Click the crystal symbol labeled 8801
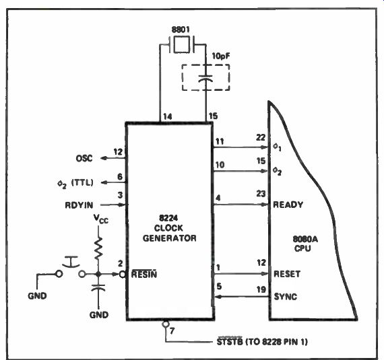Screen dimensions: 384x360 pos(181,44)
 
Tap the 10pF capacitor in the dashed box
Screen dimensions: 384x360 pos(205,78)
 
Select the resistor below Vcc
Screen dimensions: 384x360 pos(98,248)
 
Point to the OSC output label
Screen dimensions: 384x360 pos(84,159)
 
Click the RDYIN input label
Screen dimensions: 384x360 pos(79,205)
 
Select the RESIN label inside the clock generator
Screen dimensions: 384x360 pos(144,274)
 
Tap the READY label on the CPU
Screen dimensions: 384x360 pos(288,205)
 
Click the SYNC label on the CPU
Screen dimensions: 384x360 pos(286,297)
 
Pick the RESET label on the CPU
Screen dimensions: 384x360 pos(287,274)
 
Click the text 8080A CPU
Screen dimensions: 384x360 pos(305,244)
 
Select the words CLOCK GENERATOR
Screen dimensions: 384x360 pos(169,233)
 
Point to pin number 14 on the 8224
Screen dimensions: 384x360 pos(167,116)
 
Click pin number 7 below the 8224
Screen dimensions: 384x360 pos(172,331)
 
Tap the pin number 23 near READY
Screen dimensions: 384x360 pos(261,194)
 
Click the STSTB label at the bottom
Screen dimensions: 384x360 pos(230,341)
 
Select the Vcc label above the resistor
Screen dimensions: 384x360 pos(100,219)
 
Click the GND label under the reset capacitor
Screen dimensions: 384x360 pos(98,315)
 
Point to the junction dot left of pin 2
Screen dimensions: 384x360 pos(98,274)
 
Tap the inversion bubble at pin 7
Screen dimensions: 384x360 pos(166,324)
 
